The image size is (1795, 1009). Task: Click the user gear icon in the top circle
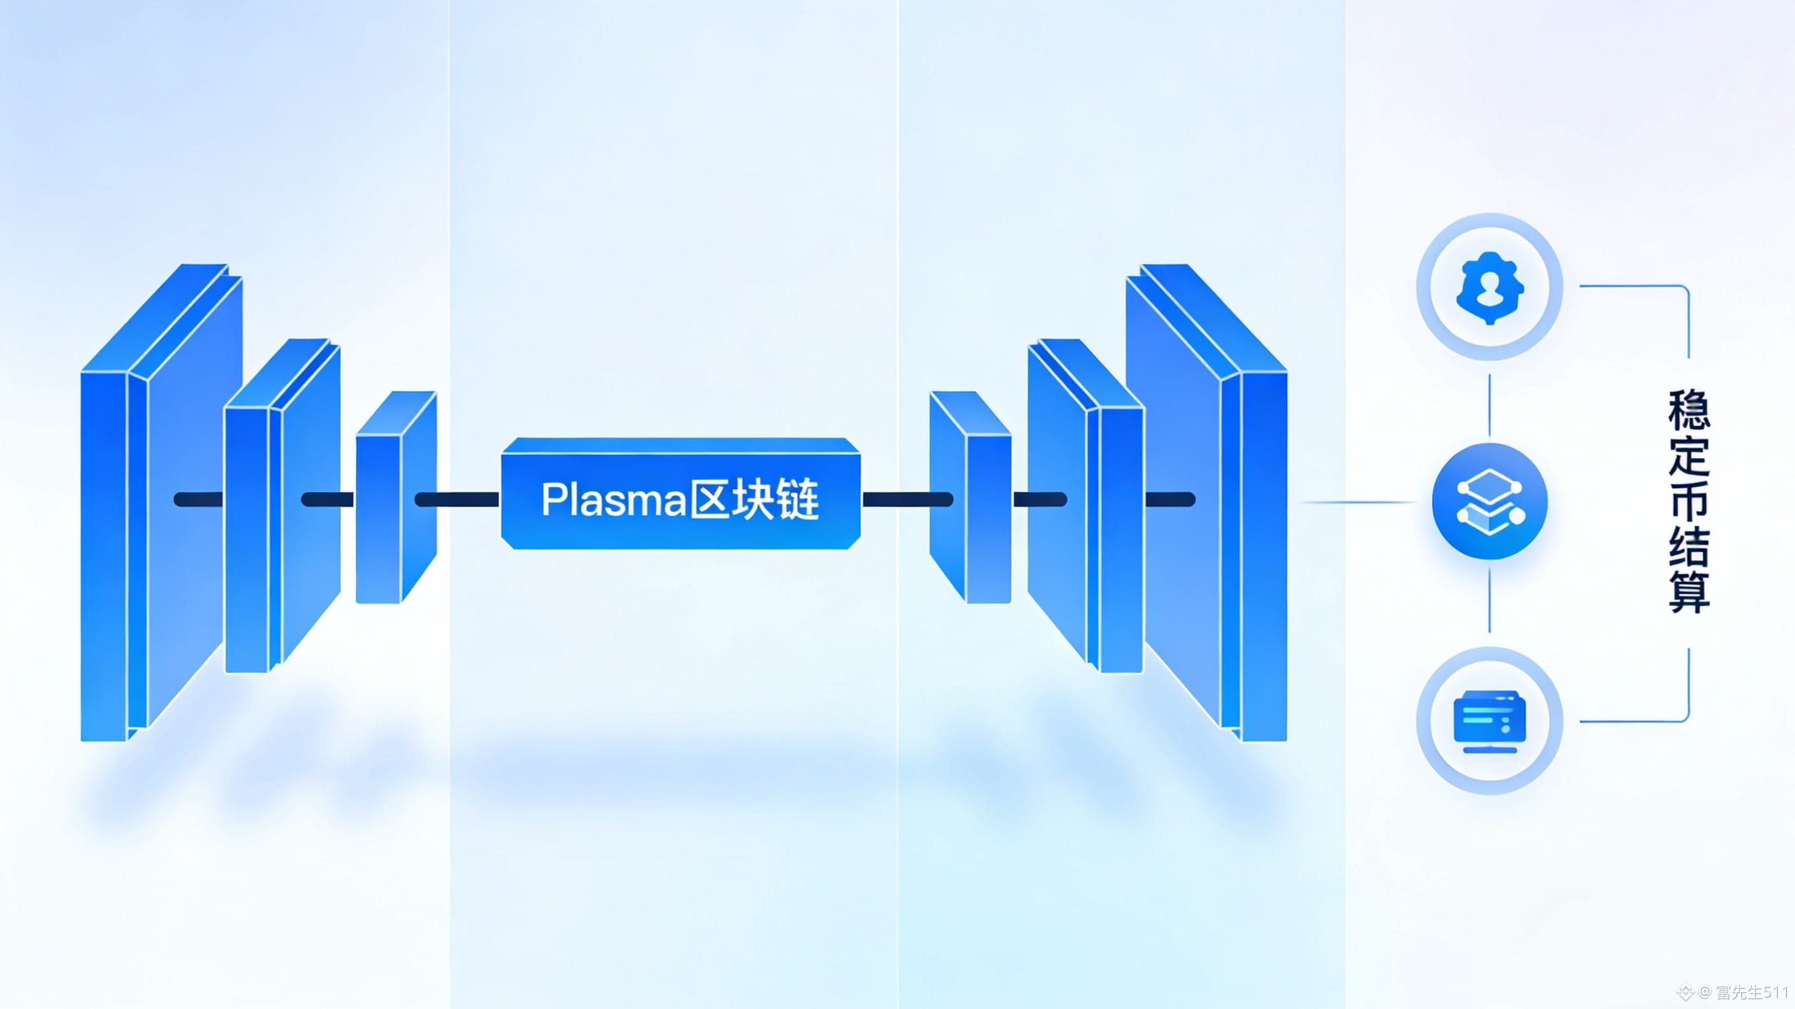(1490, 287)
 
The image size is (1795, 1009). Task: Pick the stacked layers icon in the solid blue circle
(1490, 502)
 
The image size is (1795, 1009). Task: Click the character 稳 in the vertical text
(1689, 410)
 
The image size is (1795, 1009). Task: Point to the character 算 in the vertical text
(1689, 593)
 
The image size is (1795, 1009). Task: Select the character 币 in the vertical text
(1689, 502)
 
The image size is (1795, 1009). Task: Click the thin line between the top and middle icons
(1490, 404)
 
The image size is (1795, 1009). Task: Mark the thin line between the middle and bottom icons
(1490, 599)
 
